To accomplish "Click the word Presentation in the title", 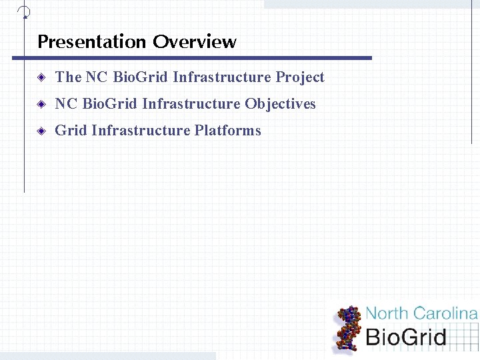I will [x=92, y=42].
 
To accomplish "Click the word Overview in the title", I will [x=194, y=42].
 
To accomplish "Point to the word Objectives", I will [x=280, y=104].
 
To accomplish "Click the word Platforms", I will [x=227, y=131].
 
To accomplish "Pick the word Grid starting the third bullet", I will [x=71, y=131].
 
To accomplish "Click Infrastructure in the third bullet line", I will [x=141, y=131].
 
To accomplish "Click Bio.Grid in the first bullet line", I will [x=141, y=77].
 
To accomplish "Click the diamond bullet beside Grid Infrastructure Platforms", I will [x=41, y=131].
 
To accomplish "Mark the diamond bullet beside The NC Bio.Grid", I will [x=41, y=78].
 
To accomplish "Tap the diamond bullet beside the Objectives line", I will [x=41, y=105].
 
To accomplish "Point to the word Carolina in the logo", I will [x=446, y=313].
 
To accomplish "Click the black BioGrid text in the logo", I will [x=406, y=337].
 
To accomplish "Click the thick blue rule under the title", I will [x=192, y=58].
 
